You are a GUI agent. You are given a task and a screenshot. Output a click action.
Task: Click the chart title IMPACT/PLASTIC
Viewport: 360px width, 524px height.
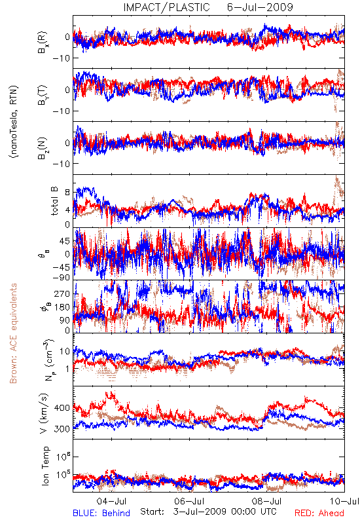[167, 7]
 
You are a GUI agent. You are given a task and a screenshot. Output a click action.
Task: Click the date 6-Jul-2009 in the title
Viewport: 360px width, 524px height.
[260, 7]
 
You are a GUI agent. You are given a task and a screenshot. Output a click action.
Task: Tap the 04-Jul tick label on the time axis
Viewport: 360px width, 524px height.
[111, 501]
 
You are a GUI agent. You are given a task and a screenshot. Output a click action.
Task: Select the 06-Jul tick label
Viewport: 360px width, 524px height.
[189, 501]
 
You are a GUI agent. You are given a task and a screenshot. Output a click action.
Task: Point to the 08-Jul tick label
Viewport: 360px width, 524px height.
[267, 501]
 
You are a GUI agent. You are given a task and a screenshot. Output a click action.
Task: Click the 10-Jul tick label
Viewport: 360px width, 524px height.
[344, 501]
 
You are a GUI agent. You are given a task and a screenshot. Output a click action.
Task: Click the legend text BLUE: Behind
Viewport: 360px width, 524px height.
[101, 513]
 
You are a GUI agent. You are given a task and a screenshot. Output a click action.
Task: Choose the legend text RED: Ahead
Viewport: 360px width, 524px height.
[319, 513]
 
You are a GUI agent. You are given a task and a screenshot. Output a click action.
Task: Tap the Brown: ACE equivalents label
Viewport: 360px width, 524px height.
[13, 333]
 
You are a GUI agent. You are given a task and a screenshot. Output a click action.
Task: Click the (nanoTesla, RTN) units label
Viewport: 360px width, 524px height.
[14, 122]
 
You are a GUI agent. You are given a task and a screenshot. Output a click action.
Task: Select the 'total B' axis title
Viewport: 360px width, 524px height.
[54, 201]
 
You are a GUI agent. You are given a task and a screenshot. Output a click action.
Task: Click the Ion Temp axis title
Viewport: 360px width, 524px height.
[45, 466]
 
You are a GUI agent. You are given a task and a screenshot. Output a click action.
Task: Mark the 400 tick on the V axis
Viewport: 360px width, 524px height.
[62, 407]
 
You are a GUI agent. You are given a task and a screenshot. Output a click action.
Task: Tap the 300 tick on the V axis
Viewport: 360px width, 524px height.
[62, 429]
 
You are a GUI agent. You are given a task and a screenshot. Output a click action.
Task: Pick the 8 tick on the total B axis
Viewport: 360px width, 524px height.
[67, 193]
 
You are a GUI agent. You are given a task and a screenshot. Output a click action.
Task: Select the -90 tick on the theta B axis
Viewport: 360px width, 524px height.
[61, 277]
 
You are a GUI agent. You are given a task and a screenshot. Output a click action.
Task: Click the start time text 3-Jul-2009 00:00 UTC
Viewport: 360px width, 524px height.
[225, 512]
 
